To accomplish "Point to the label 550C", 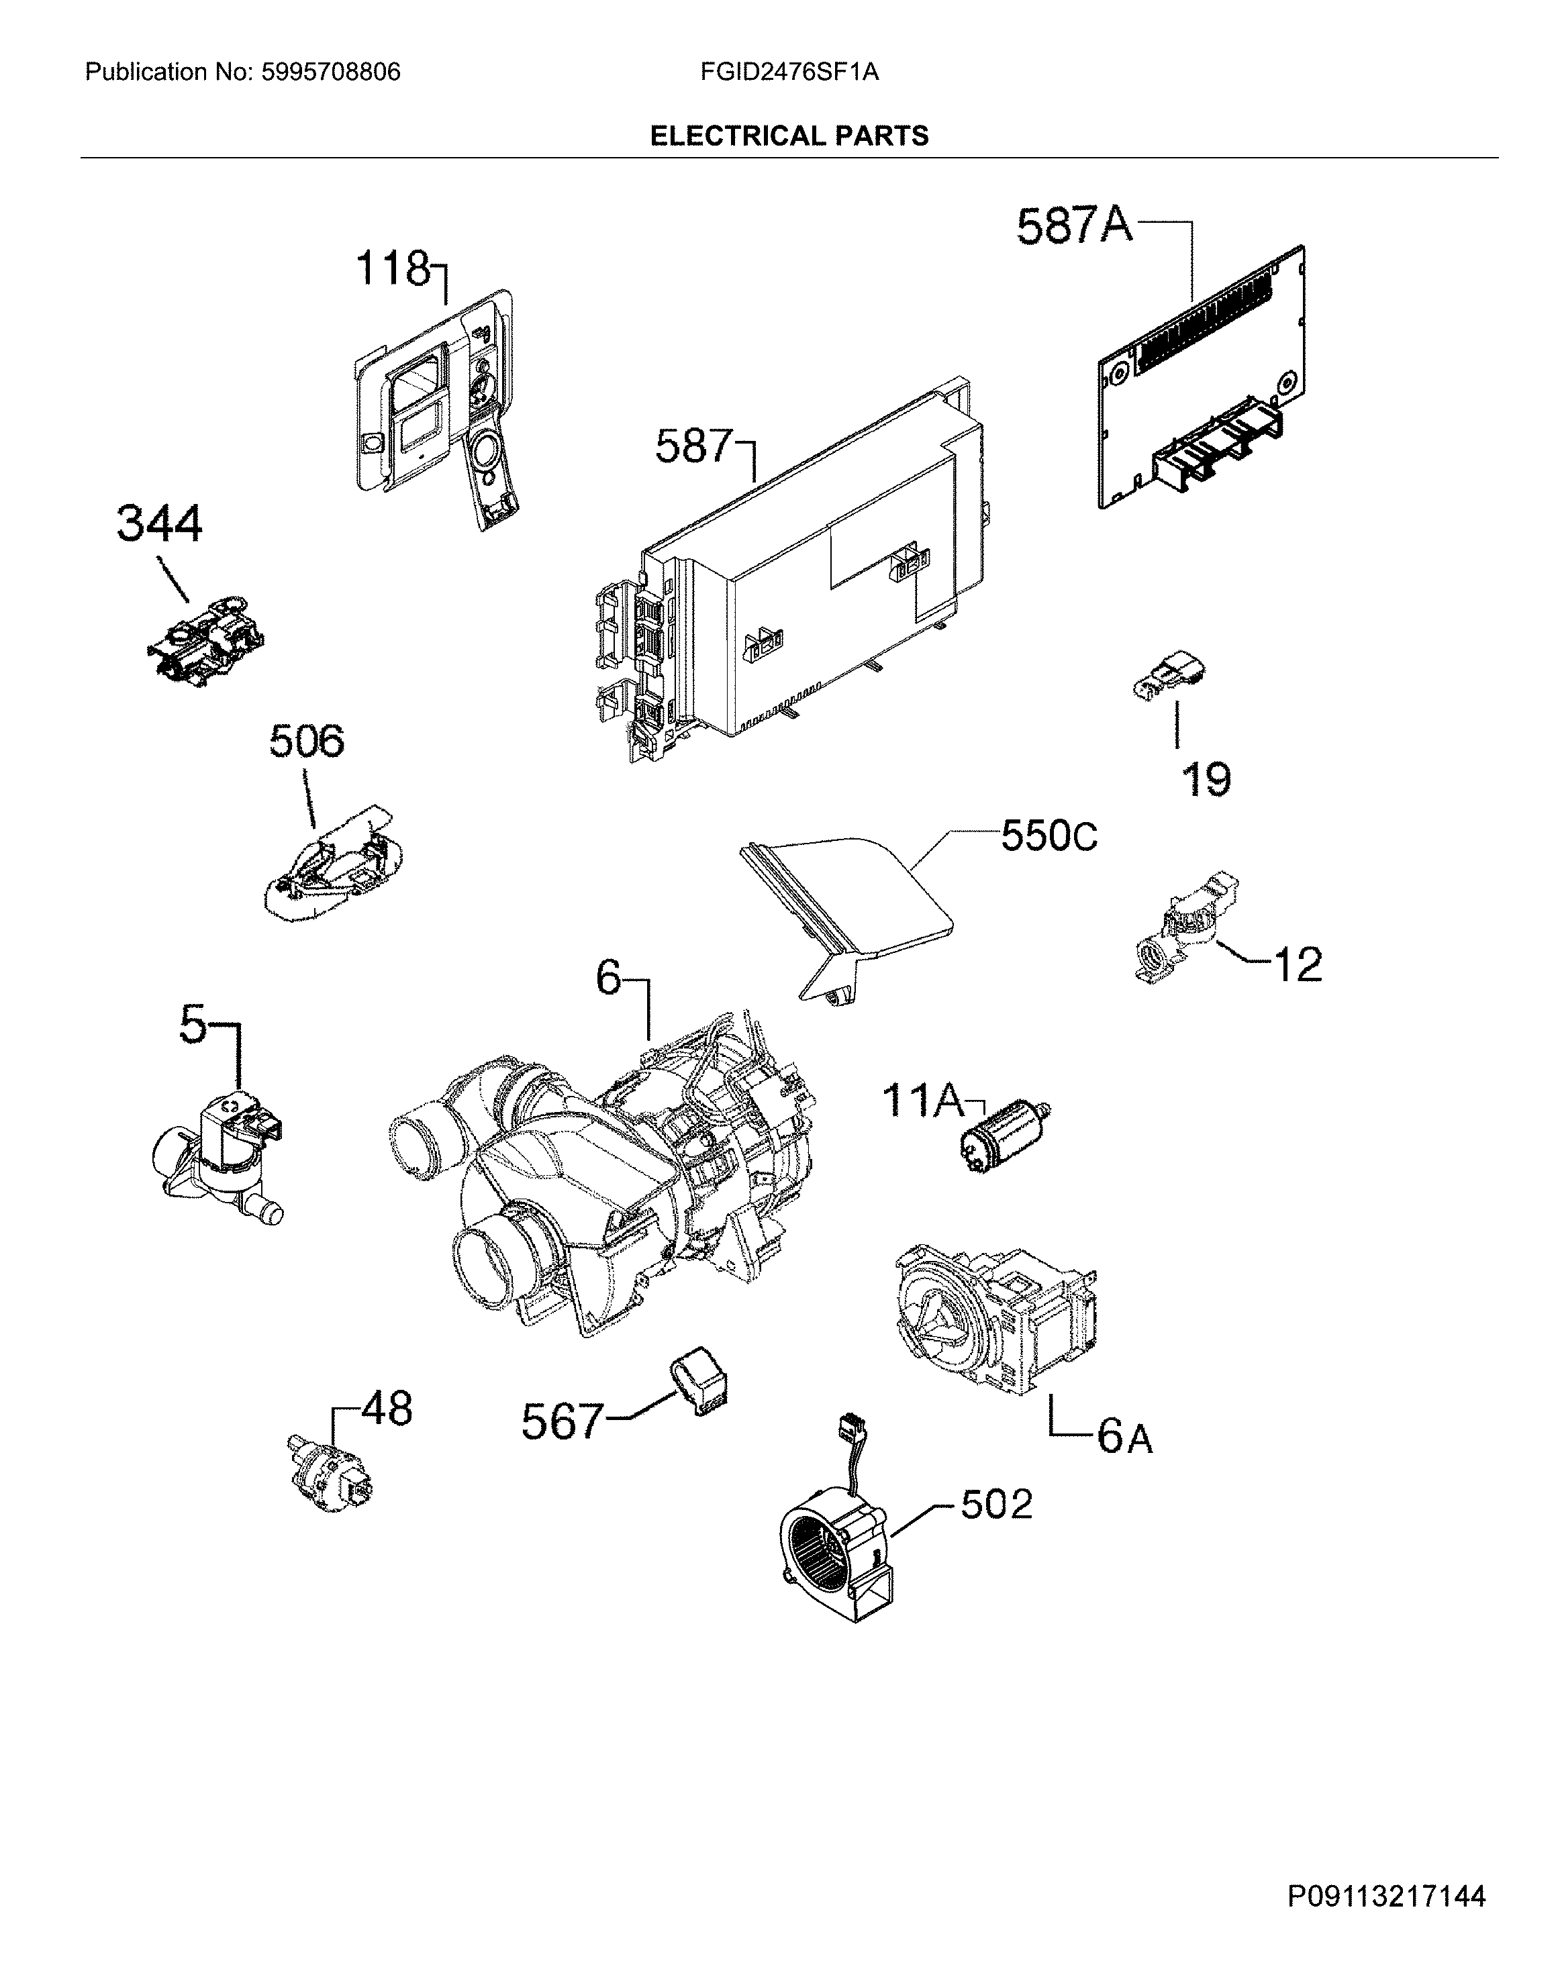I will (x=1049, y=836).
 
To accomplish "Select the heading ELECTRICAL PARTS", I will (x=789, y=137).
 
